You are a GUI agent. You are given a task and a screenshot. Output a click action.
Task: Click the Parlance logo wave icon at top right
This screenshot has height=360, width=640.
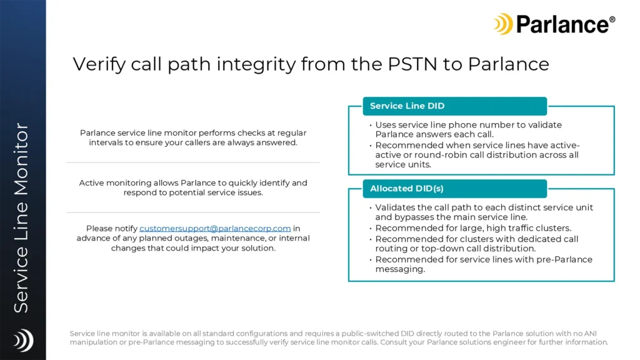503,24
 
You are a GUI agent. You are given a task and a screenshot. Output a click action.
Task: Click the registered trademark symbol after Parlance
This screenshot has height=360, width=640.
612,19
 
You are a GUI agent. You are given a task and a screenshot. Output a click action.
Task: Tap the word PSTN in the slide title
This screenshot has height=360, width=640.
412,64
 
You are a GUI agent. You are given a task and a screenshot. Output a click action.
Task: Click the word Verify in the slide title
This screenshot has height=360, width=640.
99,64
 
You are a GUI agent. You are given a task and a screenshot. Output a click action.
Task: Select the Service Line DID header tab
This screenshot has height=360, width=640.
455,106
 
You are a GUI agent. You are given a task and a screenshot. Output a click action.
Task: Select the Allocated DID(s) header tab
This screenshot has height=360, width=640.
455,189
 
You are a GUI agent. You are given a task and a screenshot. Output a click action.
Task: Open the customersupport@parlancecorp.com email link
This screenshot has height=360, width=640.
215,229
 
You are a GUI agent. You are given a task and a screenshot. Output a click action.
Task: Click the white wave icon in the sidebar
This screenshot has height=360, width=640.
23,340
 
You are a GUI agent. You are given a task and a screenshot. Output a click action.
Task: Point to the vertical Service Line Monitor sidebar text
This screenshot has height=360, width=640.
21,218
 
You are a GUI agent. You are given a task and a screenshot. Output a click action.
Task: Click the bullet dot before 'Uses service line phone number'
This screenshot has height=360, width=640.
371,125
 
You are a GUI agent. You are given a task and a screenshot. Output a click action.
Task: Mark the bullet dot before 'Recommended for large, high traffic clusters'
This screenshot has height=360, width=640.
371,229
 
